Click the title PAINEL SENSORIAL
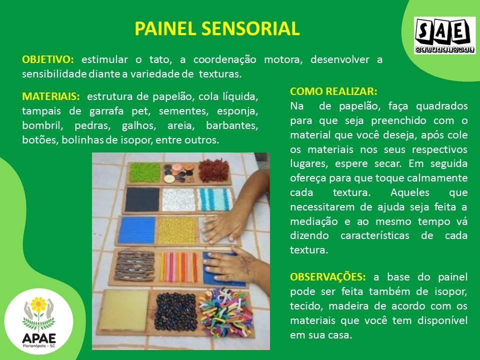click(x=217, y=28)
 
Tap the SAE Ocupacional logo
click(x=445, y=35)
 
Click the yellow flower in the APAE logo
click(x=38, y=304)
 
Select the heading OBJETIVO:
click(x=48, y=59)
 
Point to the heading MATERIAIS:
click(x=51, y=96)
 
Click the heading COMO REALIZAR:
click(x=333, y=91)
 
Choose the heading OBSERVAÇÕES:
click(x=328, y=277)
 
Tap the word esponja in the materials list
click(x=237, y=111)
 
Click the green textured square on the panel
click(x=145, y=172)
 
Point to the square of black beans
click(x=175, y=312)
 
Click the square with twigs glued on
click(x=134, y=265)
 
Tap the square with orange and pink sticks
click(x=178, y=266)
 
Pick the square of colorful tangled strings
click(x=226, y=312)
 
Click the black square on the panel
click(x=142, y=199)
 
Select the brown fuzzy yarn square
click(x=213, y=171)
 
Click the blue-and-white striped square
click(x=214, y=199)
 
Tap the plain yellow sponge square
click(x=124, y=310)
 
